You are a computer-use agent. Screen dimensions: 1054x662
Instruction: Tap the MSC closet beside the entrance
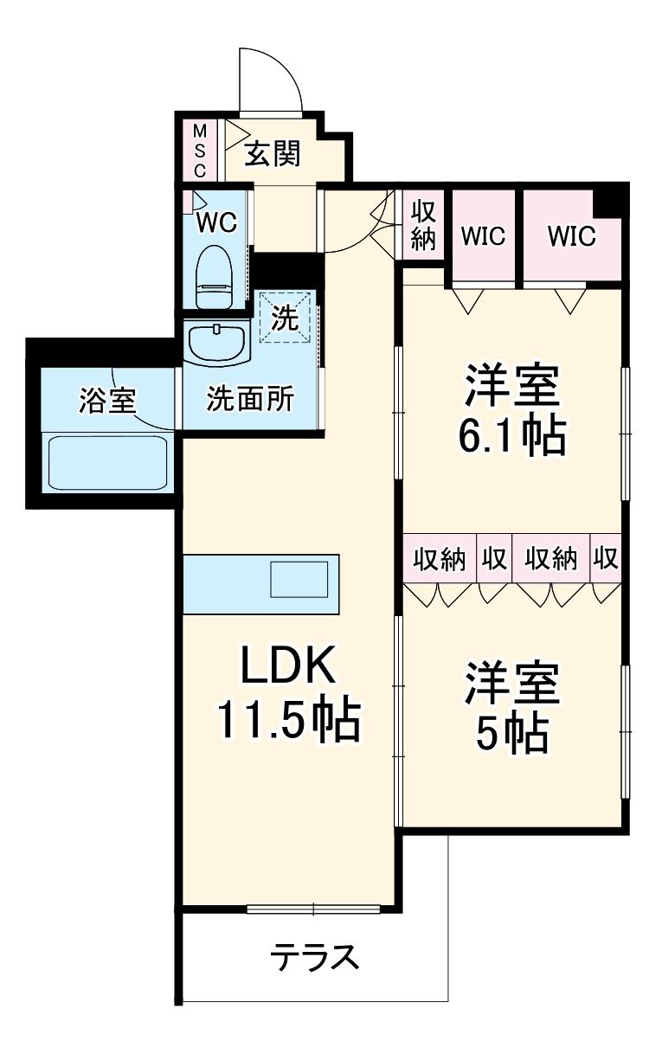pos(199,151)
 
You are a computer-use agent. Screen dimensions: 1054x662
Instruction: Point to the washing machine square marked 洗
pos(286,318)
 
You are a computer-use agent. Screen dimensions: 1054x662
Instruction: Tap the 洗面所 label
pos(249,400)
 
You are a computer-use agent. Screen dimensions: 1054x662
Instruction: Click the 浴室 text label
pos(107,400)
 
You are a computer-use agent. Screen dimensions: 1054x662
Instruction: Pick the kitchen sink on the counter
pos(299,579)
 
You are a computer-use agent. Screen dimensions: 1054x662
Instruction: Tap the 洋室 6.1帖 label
pos(512,412)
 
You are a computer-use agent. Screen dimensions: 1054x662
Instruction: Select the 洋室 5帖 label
pos(512,708)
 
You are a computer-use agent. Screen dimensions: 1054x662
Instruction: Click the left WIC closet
pos(482,235)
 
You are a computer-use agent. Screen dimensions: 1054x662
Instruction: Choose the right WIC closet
pos(571,235)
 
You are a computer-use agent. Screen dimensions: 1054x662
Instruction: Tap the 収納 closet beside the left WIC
pos(423,225)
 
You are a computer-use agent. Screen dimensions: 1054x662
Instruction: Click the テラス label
pos(313,958)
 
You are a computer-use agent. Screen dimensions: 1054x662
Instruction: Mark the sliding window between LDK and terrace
pos(313,909)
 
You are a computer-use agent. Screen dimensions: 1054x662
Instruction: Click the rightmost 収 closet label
pos(607,558)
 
